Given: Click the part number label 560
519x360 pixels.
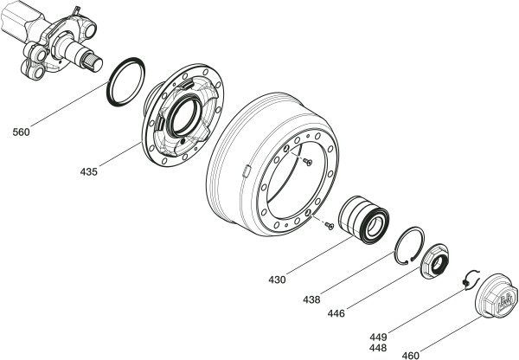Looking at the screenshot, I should pos(22,132).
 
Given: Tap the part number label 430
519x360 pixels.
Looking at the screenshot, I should pos(276,280).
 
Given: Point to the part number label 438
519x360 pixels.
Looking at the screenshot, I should pos(311,299).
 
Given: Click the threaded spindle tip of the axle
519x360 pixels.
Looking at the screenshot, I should pos(95,59).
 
